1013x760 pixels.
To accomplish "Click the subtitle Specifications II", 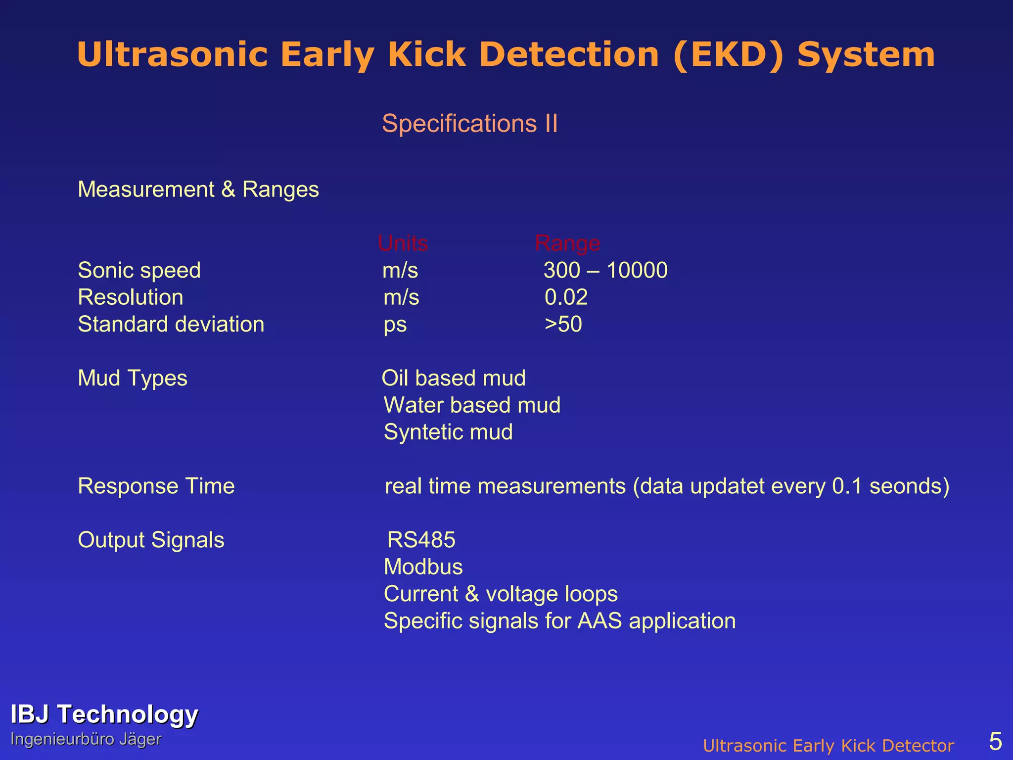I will click(469, 123).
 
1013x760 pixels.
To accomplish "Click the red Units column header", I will click(403, 243).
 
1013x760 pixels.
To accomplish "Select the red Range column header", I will click(567, 243).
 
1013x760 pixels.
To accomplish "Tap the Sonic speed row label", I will click(139, 270).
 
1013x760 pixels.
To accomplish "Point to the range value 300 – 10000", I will click(605, 270).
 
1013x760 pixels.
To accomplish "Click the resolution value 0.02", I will click(566, 297).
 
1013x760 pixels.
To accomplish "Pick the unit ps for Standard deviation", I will click(395, 325).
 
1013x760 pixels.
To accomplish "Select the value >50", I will click(563, 325).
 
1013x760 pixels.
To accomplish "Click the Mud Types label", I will click(133, 378).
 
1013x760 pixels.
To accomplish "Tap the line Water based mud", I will click(472, 405).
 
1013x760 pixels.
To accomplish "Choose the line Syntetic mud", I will click(448, 432).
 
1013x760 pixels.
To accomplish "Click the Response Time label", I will click(156, 486).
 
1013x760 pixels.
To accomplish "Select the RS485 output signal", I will click(421, 540).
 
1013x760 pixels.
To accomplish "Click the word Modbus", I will click(423, 567).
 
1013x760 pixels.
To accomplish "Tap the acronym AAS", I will click(599, 621).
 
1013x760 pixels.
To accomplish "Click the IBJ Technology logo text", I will click(104, 714).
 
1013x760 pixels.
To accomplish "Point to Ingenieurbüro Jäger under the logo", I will click(86, 739).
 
